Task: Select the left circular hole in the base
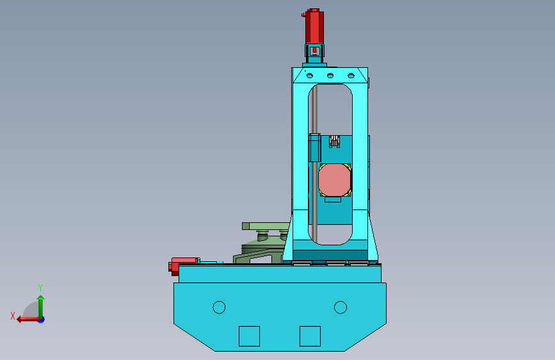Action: [219, 307]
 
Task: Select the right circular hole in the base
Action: [340, 307]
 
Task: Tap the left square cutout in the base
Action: [249, 336]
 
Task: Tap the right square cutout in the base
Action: [310, 336]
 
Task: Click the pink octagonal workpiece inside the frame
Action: [335, 180]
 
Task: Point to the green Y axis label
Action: [40, 288]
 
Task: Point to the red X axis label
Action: [12, 316]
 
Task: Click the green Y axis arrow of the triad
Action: [40, 304]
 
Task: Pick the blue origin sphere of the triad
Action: [41, 319]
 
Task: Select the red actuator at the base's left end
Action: [183, 265]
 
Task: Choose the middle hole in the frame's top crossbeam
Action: [330, 76]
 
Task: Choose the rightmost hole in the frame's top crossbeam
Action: [350, 76]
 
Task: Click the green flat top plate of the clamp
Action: [266, 226]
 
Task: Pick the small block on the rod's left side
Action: [314, 148]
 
